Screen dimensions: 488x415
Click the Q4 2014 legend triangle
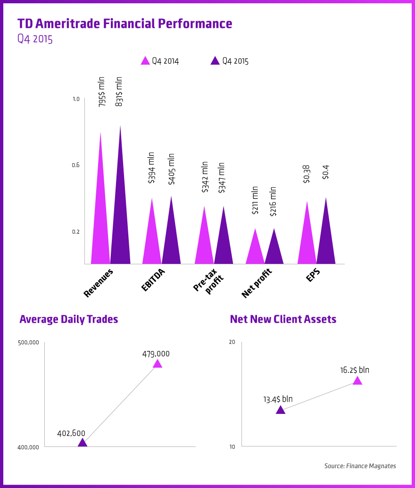point(145,61)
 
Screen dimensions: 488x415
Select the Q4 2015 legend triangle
point(215,61)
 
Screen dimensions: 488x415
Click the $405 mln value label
point(171,168)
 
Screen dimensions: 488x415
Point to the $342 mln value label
point(204,177)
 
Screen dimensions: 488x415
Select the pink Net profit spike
point(255,250)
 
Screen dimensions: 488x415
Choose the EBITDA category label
point(154,280)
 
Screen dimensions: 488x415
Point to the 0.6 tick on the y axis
point(76,165)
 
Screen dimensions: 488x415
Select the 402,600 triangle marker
point(82,443)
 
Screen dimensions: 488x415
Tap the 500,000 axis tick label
point(28,343)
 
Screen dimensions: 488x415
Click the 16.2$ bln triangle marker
point(357,381)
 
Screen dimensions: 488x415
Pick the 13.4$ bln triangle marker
point(280,410)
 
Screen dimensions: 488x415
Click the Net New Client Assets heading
point(283,319)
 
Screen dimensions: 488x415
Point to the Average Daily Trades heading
point(69,319)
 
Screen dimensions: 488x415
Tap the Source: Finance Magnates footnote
point(360,466)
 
